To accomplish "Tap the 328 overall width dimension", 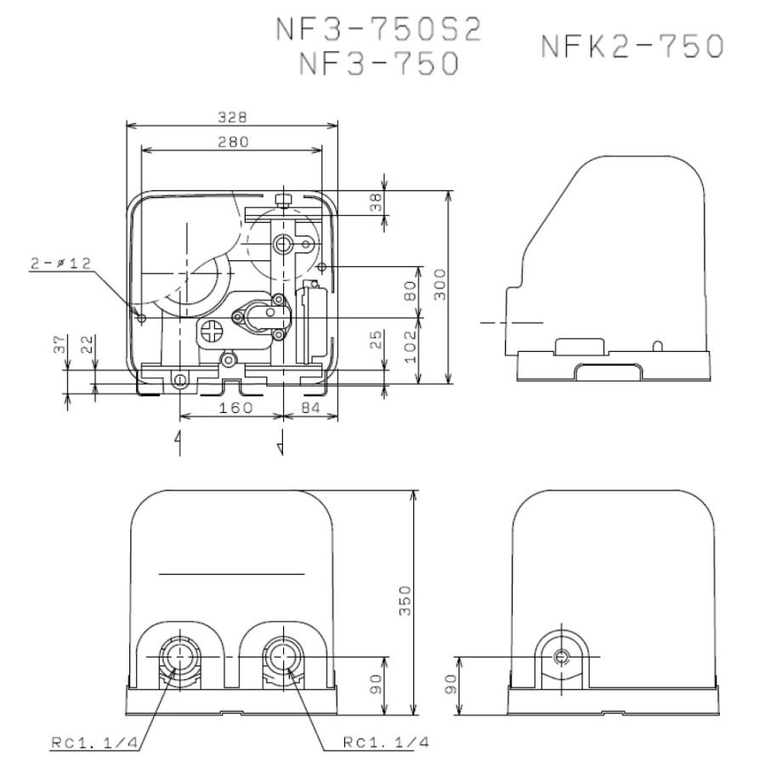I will pyautogui.click(x=232, y=117).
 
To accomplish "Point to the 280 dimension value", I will pyautogui.click(x=232, y=142).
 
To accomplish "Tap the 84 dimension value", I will pyautogui.click(x=309, y=408).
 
